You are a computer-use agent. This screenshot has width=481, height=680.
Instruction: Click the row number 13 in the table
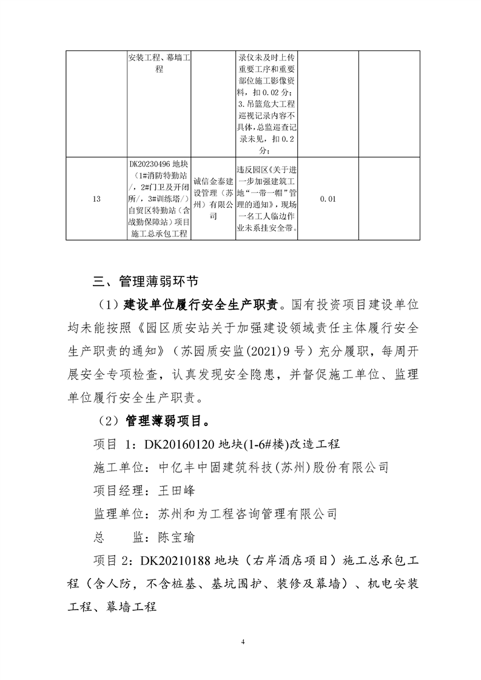(96, 199)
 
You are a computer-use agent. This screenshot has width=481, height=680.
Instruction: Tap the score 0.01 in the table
(328, 199)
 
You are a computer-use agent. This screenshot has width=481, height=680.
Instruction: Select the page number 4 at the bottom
(241, 641)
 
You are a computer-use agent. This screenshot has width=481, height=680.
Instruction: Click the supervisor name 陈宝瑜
(177, 537)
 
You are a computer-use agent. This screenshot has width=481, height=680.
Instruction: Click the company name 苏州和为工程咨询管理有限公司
(247, 514)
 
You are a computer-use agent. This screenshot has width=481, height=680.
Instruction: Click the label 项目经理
(118, 490)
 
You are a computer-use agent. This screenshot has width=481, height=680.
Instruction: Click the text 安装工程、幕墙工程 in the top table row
(160, 64)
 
